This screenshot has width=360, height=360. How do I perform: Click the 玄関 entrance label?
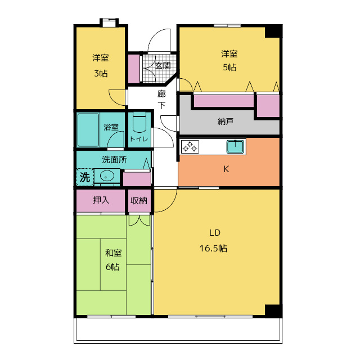[x=163, y=66]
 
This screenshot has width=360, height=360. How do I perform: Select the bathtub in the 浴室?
[x=88, y=130]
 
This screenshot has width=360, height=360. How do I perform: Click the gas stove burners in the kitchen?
[x=190, y=147]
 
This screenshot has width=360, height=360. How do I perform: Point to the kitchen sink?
[x=235, y=147]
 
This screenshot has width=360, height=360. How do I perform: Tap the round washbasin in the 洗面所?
[x=107, y=177]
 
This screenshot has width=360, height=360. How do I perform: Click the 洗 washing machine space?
[x=85, y=177]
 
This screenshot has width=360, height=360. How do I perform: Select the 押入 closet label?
[x=101, y=200]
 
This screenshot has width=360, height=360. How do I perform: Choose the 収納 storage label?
[x=139, y=201]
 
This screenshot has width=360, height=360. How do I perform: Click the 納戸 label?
[x=226, y=121]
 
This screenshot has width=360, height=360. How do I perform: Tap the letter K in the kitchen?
[x=226, y=169]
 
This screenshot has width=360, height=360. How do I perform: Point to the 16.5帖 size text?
[x=213, y=249]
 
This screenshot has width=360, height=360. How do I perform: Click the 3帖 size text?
[x=101, y=74]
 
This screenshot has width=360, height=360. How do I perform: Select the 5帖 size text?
[x=229, y=67]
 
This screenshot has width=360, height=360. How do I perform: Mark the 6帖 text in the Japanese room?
[x=112, y=267]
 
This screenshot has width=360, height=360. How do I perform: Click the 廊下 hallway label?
[x=161, y=100]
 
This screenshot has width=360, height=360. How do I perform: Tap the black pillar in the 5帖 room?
[x=273, y=31]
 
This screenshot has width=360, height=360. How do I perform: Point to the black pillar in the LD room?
[x=273, y=311]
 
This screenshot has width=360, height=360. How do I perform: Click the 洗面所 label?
[x=114, y=160]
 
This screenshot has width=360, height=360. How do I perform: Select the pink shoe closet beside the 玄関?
[x=134, y=69]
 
